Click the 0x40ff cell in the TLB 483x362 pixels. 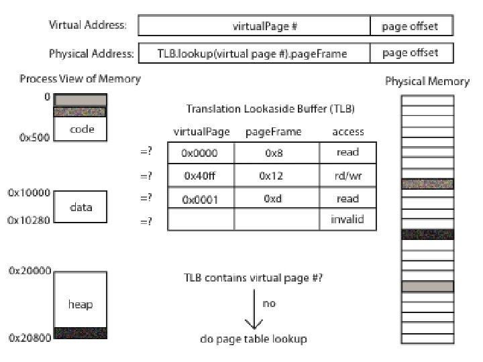coord(199,176)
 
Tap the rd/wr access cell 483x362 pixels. coord(347,176)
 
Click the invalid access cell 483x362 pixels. coord(347,220)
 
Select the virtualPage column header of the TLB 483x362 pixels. coord(199,132)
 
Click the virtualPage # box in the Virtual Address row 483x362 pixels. coord(254,26)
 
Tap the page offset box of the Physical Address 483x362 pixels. coord(411,53)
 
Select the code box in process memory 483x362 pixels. coord(81,129)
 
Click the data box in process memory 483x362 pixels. coord(81,207)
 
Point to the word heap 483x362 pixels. coord(80,304)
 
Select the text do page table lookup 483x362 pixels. coord(254,339)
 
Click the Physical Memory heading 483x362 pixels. coord(427,81)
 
